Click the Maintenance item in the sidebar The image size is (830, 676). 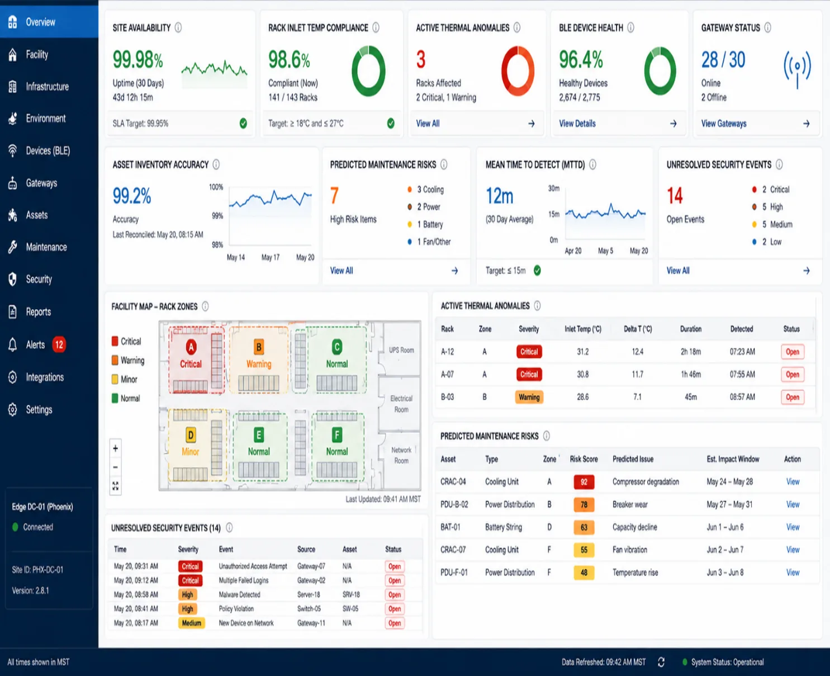(x=46, y=247)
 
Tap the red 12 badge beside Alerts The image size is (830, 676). (x=59, y=344)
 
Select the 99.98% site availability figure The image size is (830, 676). (x=137, y=60)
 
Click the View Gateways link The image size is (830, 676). (x=724, y=124)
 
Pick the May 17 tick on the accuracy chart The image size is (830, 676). (x=270, y=257)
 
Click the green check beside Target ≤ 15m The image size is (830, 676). (x=537, y=271)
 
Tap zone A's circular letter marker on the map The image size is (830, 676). (x=191, y=347)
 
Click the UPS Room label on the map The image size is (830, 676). (x=401, y=350)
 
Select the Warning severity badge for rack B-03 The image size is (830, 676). (x=529, y=397)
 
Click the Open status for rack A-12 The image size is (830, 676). (x=792, y=352)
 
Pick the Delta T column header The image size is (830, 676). (x=638, y=329)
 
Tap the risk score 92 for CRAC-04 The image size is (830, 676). (x=584, y=482)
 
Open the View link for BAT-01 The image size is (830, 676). (x=793, y=527)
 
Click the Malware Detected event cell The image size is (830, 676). (x=239, y=594)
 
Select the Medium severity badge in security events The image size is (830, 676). (x=191, y=623)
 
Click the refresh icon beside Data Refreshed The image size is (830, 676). (x=661, y=662)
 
